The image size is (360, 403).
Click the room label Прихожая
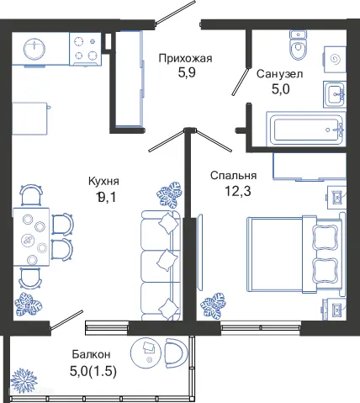[x=186, y=58]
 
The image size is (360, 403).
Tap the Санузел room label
[x=280, y=74]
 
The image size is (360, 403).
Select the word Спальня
[x=233, y=175]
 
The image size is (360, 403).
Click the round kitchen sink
[x=35, y=49]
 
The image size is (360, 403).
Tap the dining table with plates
[x=34, y=237]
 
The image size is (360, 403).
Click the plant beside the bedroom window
[x=218, y=303]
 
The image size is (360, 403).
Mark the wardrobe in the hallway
[x=130, y=79]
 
